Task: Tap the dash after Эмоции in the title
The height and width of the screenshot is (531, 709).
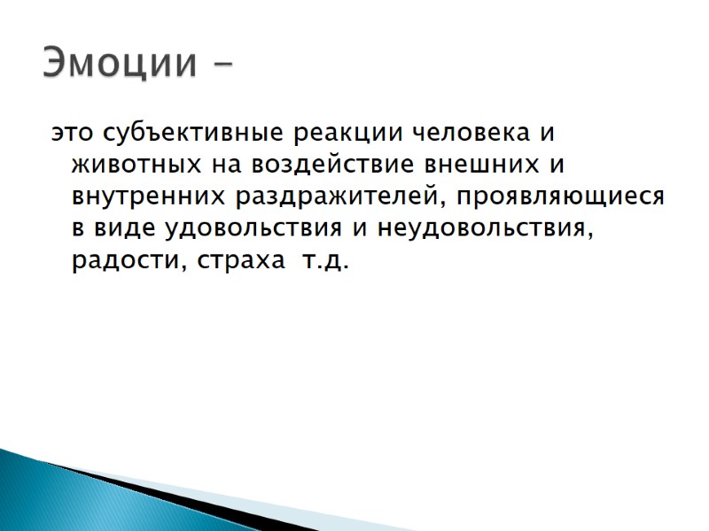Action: pyautogui.click(x=224, y=65)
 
